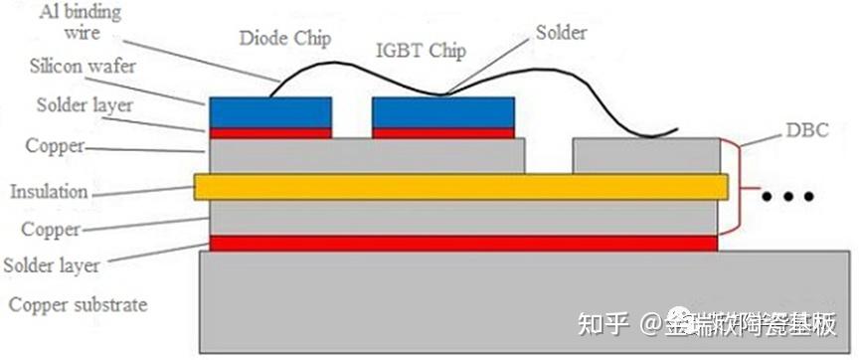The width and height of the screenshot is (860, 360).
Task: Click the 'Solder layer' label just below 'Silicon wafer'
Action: coord(76,105)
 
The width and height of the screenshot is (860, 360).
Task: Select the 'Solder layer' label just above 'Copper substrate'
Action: coord(51,266)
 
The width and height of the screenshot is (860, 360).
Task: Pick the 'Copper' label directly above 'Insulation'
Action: coord(55,147)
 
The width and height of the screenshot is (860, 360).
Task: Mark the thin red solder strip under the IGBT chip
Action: coord(442,132)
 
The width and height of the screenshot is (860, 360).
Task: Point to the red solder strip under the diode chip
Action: coord(270,132)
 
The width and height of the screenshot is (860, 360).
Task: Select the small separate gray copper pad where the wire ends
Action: coord(646,155)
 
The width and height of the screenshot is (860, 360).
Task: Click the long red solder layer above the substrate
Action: coord(462,243)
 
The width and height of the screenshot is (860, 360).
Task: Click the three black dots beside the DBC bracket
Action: coord(787,197)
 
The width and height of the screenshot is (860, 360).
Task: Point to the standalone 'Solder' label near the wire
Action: coord(560,33)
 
